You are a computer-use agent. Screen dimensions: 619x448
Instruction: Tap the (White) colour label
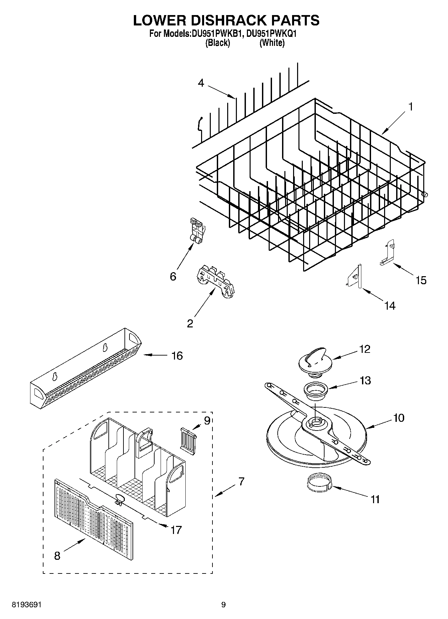pyautogui.click(x=272, y=43)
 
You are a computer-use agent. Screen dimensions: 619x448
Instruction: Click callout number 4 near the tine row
pyautogui.click(x=201, y=83)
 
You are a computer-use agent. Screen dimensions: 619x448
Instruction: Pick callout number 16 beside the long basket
pyautogui.click(x=177, y=356)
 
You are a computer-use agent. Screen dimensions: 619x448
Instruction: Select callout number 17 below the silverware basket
pyautogui.click(x=176, y=530)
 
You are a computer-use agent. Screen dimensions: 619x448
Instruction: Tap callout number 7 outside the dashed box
pyautogui.click(x=241, y=482)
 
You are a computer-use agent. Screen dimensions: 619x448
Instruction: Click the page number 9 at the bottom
pyautogui.click(x=223, y=605)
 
